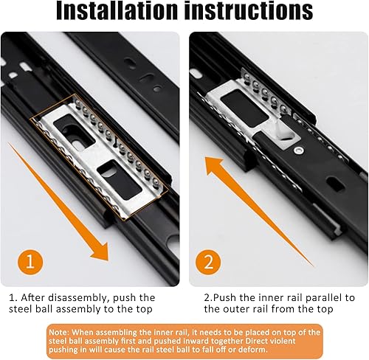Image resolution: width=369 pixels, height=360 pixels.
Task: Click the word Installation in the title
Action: [117, 10]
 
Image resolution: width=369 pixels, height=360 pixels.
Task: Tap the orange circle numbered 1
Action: [30, 262]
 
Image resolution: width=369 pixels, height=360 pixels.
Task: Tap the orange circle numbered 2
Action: [208, 262]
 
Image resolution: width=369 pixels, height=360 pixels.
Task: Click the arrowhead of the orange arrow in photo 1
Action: [100, 251]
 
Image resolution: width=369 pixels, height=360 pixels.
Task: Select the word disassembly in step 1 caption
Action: [78, 297]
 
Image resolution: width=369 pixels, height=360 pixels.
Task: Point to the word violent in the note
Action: [281, 341]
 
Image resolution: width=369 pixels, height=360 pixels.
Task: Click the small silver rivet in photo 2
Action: [299, 150]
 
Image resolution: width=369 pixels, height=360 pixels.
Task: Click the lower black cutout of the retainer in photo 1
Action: [120, 179]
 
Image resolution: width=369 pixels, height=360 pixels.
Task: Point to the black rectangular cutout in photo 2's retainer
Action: [244, 108]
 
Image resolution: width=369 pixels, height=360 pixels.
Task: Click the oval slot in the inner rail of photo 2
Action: [336, 184]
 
